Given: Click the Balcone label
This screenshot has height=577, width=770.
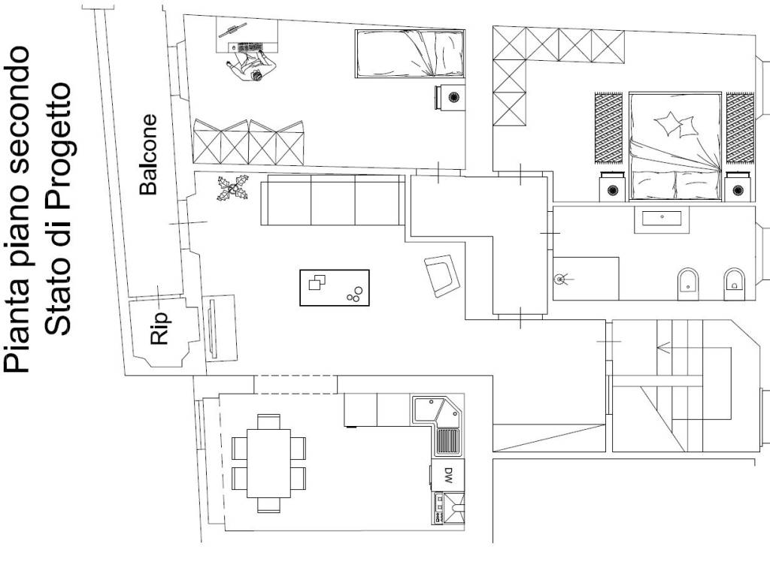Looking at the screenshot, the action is [x=148, y=155].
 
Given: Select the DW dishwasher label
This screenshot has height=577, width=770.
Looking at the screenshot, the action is [x=448, y=475].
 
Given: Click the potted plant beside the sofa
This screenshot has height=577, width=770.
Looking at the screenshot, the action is [x=233, y=189].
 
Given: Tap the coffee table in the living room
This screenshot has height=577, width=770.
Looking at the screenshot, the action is [x=335, y=288].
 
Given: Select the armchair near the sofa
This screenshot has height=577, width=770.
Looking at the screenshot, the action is [x=442, y=275].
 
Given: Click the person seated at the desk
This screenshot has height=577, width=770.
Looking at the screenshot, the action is [x=250, y=66].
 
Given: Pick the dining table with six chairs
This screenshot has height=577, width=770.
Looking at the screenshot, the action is [x=268, y=463].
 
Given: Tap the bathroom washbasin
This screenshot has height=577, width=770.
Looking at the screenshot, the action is [x=662, y=219].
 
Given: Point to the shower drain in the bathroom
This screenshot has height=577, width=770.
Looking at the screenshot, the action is [x=559, y=279].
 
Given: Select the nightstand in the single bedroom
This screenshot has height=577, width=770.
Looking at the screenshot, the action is [x=449, y=97].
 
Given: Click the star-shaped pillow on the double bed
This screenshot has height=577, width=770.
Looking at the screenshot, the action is [x=668, y=122].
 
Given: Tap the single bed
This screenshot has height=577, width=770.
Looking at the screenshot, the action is [x=410, y=53].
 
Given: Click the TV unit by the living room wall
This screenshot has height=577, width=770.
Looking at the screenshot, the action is [x=220, y=328].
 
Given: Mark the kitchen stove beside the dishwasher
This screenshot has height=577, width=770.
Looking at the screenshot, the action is [x=448, y=508].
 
